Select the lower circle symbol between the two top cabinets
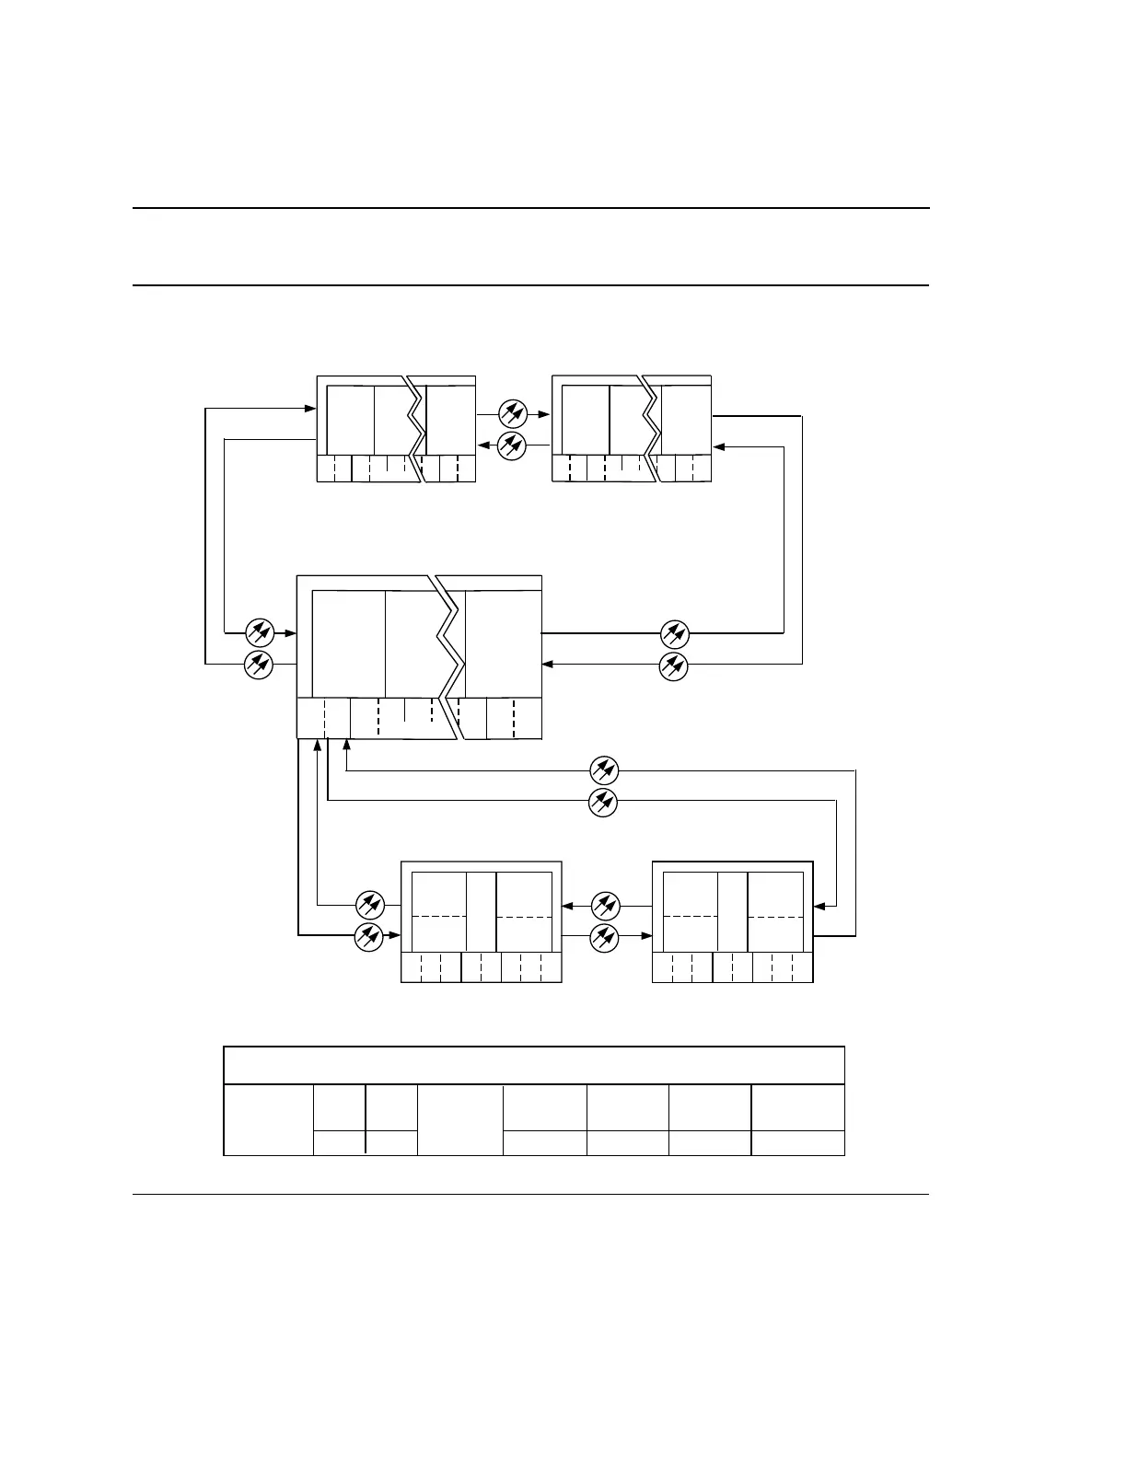click(x=511, y=446)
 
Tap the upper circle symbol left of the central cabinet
click(x=260, y=632)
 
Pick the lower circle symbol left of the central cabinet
click(x=259, y=664)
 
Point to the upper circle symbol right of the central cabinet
click(x=675, y=633)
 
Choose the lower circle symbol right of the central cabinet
click(x=674, y=665)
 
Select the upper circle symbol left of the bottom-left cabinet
click(x=369, y=905)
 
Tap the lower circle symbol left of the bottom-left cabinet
click(x=368, y=937)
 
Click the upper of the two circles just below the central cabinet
click(x=603, y=770)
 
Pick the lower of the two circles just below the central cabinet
click(x=602, y=802)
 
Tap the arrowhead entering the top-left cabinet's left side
click(x=310, y=408)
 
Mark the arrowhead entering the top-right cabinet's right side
click(x=719, y=447)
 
